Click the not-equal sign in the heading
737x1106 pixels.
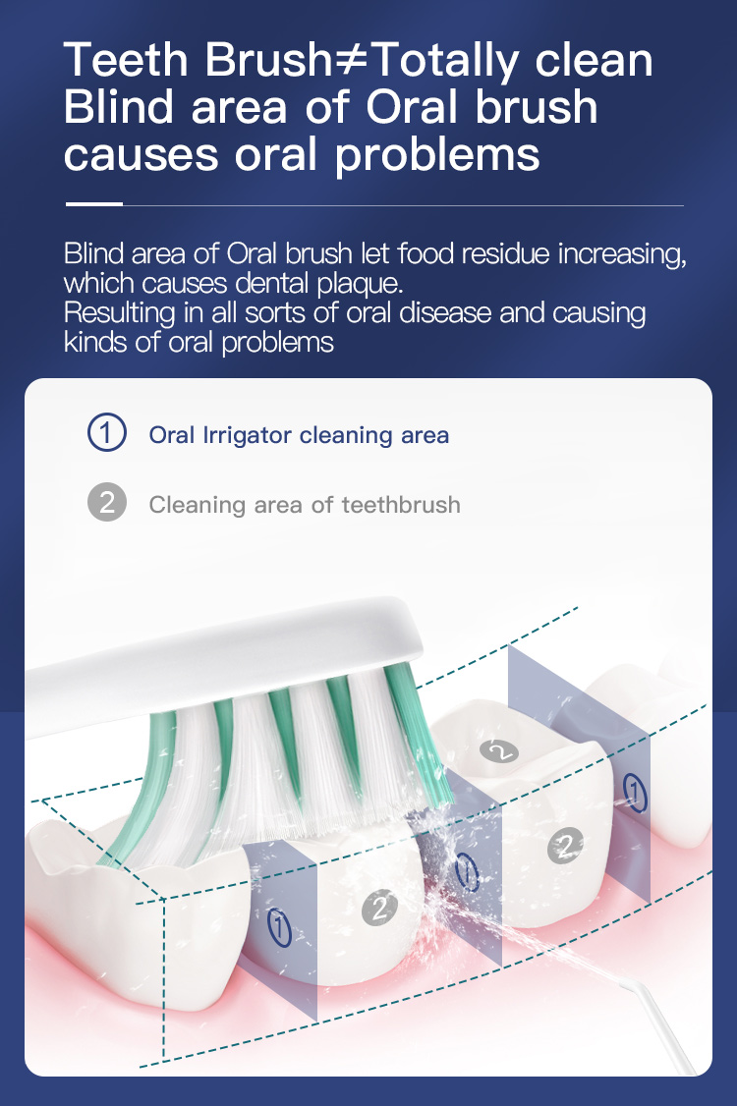(351, 59)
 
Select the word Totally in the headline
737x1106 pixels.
(447, 62)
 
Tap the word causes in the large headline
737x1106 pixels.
(142, 156)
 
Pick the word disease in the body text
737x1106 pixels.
(445, 312)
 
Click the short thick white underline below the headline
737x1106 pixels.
(94, 204)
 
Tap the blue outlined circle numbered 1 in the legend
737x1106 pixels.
(106, 432)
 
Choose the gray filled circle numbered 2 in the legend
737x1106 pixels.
(106, 502)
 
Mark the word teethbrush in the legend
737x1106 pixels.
(401, 505)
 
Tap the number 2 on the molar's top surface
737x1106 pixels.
(499, 751)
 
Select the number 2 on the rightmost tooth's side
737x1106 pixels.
(565, 845)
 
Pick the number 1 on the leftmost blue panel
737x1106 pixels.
(279, 927)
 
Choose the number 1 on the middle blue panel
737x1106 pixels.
(466, 872)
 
